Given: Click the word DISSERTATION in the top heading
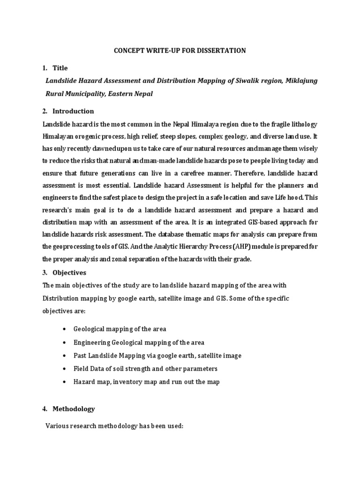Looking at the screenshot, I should (222, 51).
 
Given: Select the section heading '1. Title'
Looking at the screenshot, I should (55, 68).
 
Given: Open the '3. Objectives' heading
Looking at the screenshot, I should (64, 272).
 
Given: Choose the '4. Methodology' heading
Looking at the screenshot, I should (68, 409).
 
